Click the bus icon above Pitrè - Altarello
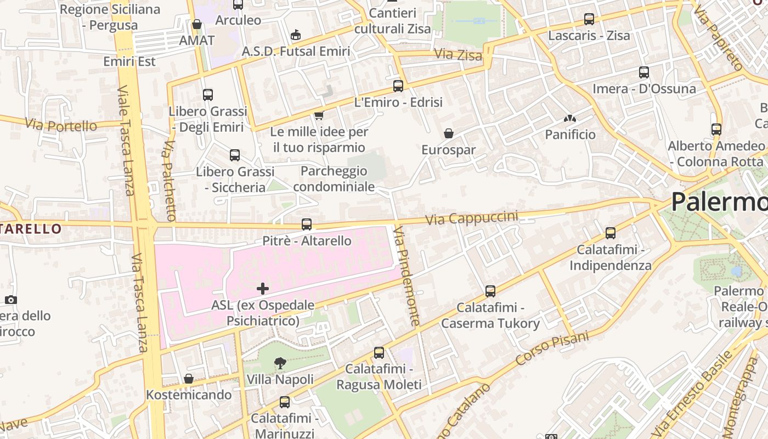coord(307,224)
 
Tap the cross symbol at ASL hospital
coord(263,288)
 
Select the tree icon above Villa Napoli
coord(280,363)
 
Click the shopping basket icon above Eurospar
coord(449,133)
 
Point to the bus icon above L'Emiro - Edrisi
coord(398,86)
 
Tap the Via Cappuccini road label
coord(472,218)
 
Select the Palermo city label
coord(719,202)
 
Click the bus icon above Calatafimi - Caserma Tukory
coord(490,291)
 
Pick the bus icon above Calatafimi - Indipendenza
coord(611,233)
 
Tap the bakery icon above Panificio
coord(570,119)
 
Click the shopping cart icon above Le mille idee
coord(319,115)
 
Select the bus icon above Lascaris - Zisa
coord(589,19)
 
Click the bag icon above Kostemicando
coord(189,379)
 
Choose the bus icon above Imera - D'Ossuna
coord(644,72)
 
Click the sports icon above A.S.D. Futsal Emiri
coord(296,35)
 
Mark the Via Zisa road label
coord(458,55)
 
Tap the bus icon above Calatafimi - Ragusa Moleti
coord(379,353)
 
